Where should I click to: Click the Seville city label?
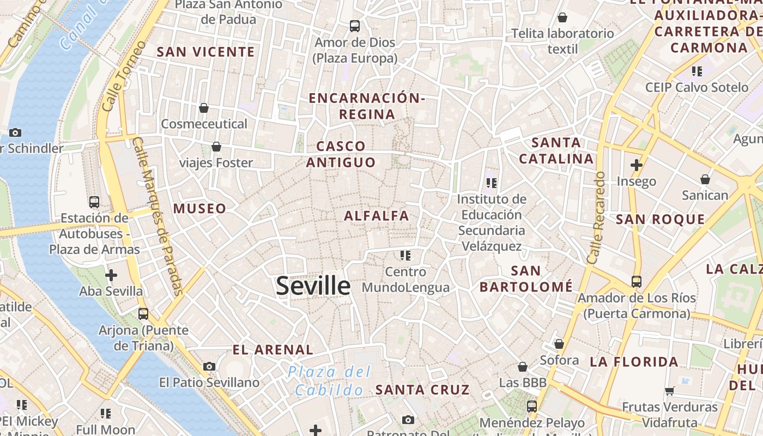coord(313,286)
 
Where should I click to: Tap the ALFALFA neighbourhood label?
coord(376,216)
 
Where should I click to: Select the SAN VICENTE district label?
coord(206,52)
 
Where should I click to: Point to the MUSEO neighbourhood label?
coord(199,208)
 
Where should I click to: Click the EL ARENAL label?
coord(273,349)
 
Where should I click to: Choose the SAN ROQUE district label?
coord(660,219)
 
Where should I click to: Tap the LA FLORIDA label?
coord(634,361)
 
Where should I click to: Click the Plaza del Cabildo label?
coord(330,381)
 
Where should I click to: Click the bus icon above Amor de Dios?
coord(355,26)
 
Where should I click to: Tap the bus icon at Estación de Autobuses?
coord(94,202)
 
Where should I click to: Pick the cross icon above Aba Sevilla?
coord(111,275)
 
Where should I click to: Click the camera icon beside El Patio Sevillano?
coord(209,366)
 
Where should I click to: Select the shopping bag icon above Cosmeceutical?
coord(204,108)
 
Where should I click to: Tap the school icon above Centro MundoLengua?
coord(405,255)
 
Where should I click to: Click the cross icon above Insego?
coord(636,165)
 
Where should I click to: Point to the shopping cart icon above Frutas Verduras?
coord(670,390)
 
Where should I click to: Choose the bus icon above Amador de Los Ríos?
coord(637,282)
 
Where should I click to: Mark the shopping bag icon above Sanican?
coord(705,179)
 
